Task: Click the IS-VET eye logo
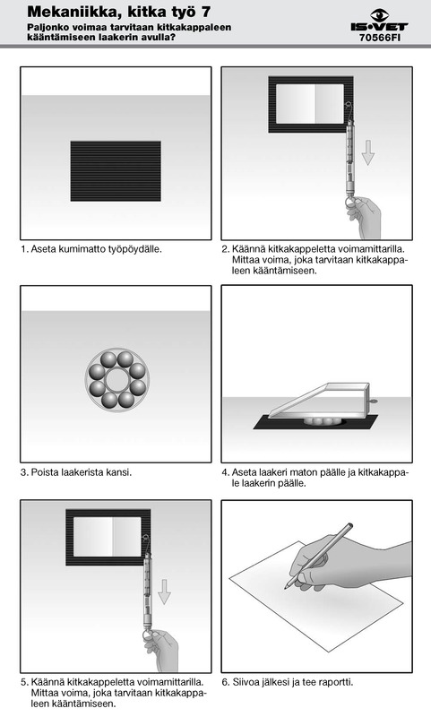[x=379, y=14]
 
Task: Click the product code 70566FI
[x=380, y=38]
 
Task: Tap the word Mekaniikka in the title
[x=73, y=12]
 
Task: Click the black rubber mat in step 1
[x=116, y=171]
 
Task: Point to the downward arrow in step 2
[x=368, y=152]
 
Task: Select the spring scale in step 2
[x=349, y=154]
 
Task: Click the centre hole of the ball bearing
[x=117, y=379]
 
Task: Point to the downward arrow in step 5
[x=164, y=592]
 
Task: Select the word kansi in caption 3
[x=119, y=472]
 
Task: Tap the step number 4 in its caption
[x=225, y=472]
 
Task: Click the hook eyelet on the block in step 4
[x=373, y=402]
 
